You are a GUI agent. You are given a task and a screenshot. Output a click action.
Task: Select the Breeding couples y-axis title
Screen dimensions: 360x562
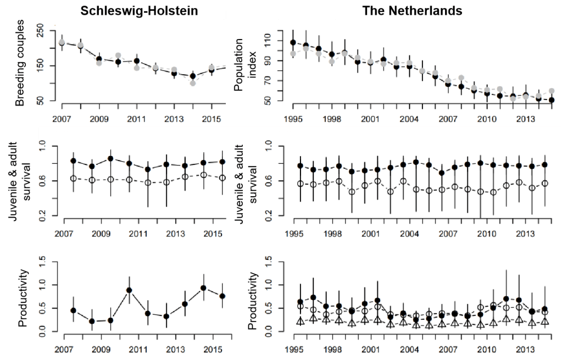pyautogui.click(x=20, y=63)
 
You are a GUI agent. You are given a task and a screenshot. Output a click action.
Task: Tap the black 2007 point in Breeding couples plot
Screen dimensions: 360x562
pyautogui.click(x=62, y=42)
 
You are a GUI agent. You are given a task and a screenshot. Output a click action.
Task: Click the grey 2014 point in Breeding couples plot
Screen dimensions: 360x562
pyautogui.click(x=192, y=83)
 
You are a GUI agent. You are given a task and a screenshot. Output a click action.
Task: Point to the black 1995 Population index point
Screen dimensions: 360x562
pyautogui.click(x=293, y=42)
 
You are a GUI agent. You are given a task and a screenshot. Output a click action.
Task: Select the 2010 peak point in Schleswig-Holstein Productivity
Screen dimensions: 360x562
pyautogui.click(x=129, y=290)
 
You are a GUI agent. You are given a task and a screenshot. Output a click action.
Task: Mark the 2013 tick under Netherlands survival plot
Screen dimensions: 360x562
pyautogui.click(x=525, y=232)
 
